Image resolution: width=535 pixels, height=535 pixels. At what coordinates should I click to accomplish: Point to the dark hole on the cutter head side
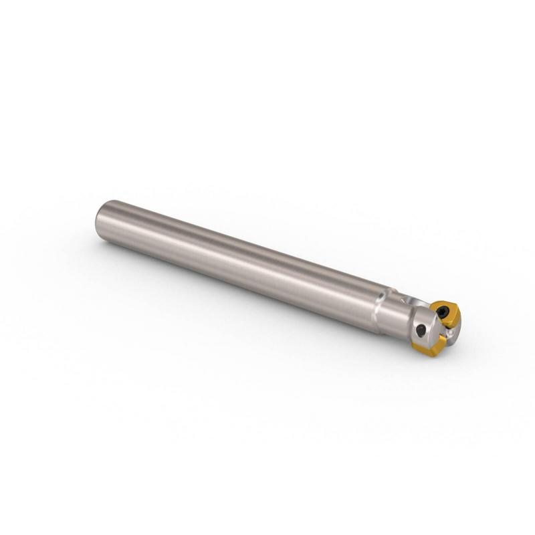[421, 330]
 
